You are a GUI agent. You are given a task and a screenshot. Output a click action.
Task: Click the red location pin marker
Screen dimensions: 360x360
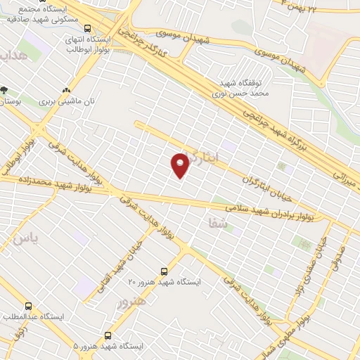180,165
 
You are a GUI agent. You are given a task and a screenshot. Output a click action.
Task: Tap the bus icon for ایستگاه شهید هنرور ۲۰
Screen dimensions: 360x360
164,271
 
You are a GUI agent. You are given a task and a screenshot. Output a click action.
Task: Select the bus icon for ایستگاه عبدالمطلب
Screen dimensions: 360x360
28,307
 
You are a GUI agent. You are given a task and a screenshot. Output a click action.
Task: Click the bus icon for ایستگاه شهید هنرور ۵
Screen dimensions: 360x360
108,336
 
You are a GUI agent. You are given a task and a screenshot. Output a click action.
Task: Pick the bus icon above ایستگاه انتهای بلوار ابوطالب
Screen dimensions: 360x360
86,29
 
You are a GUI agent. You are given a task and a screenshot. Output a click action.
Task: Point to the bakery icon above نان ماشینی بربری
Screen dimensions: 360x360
67,90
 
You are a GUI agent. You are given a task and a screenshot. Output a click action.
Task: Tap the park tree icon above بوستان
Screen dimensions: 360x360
4,90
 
